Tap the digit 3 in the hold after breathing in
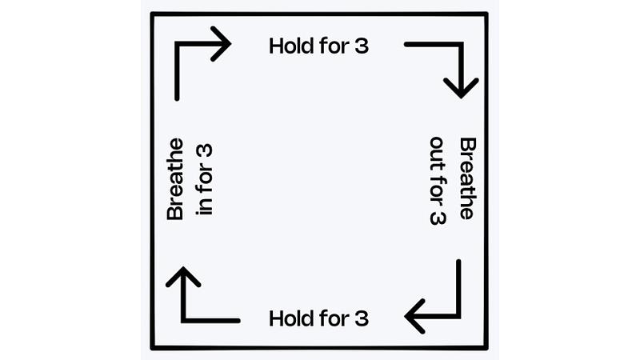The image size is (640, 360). click(x=362, y=46)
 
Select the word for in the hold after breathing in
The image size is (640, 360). click(x=334, y=46)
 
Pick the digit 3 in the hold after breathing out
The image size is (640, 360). click(x=362, y=318)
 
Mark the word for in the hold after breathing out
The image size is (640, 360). click(x=334, y=318)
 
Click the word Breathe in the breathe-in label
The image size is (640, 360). click(x=175, y=179)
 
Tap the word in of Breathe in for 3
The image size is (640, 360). click(x=205, y=206)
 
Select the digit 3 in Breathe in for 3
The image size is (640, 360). click(x=205, y=150)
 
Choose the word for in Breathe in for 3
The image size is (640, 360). click(x=205, y=178)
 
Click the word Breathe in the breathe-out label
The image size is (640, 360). click(x=468, y=178)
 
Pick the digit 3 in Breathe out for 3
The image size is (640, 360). click(x=438, y=218)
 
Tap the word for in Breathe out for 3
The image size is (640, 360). click(x=438, y=190)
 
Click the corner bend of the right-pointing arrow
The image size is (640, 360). click(x=177, y=44)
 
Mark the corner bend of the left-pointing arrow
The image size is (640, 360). click(x=458, y=316)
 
